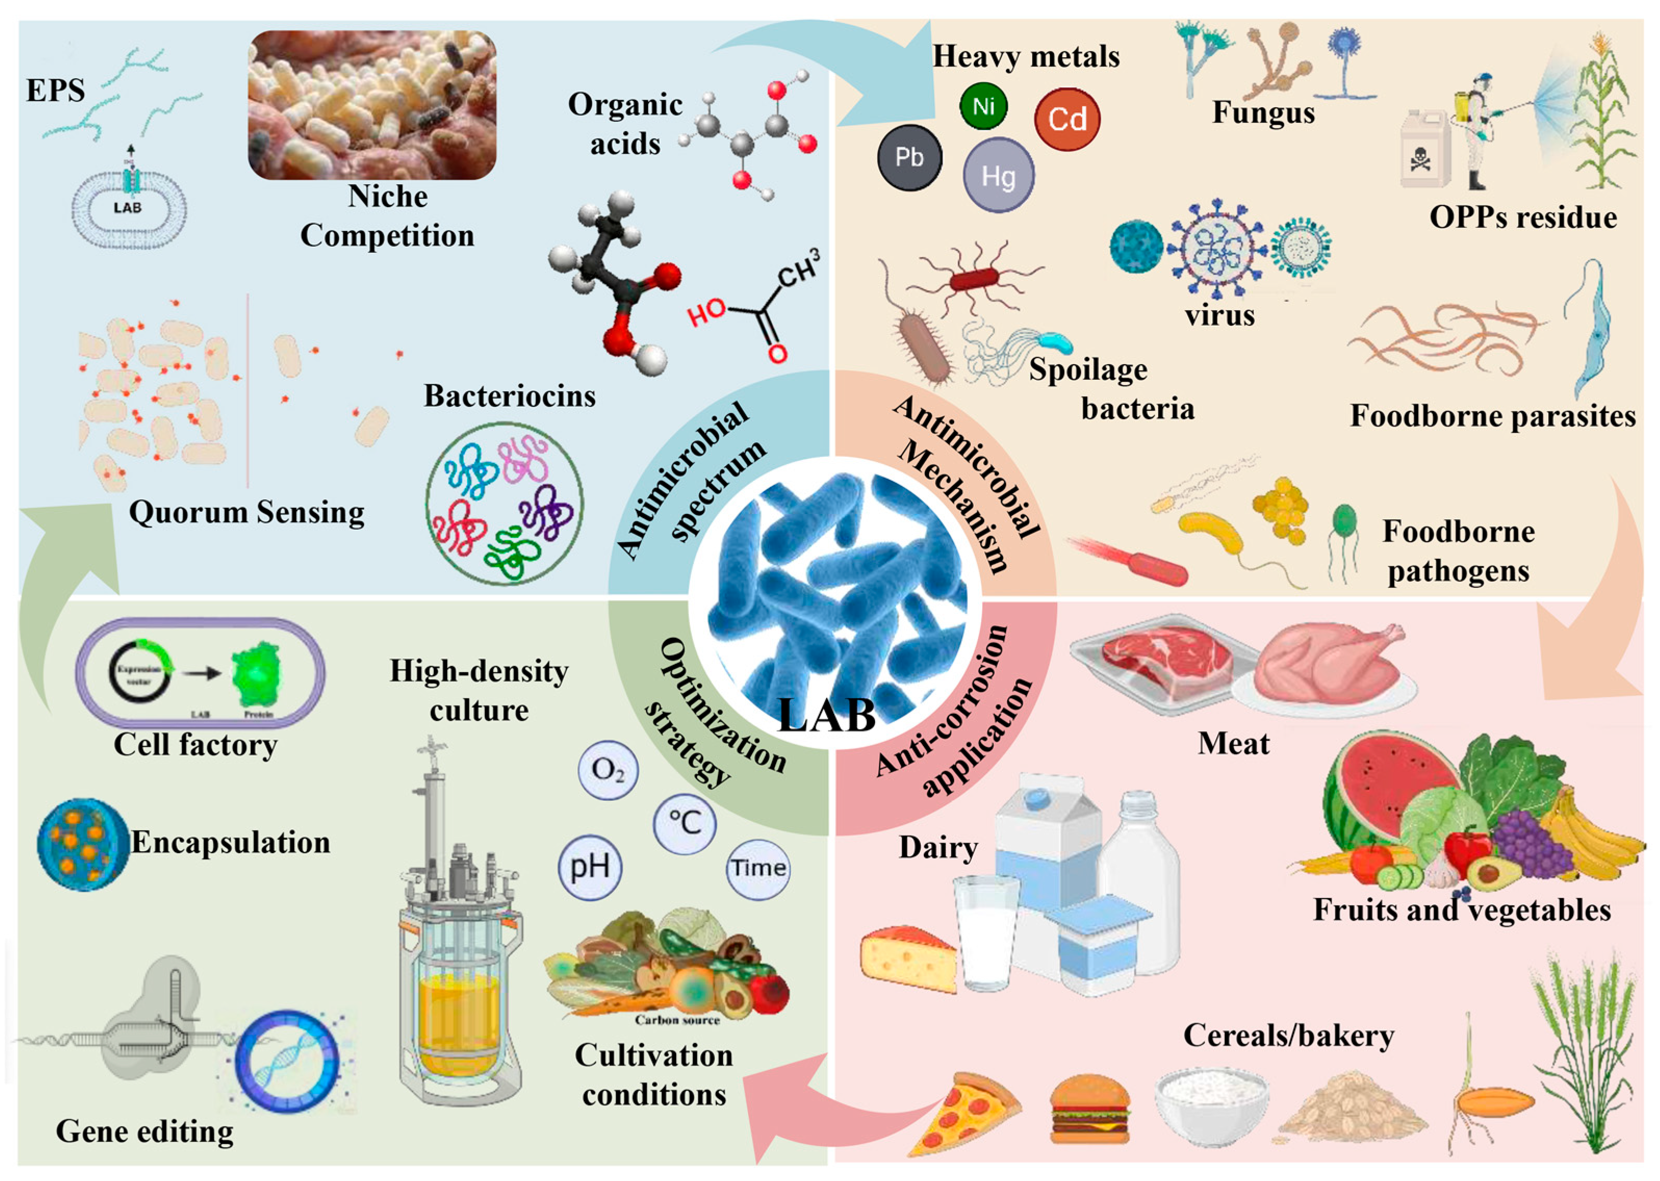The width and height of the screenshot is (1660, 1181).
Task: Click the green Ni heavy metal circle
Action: (x=983, y=106)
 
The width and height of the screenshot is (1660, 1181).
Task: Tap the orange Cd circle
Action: (x=1066, y=119)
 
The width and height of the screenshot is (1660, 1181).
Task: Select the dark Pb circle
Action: (x=909, y=158)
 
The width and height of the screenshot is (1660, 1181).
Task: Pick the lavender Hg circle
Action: (x=998, y=175)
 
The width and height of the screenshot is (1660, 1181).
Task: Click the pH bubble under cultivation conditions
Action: (x=590, y=867)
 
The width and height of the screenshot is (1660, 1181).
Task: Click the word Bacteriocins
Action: (x=510, y=395)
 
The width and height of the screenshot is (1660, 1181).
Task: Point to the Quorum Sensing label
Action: (x=247, y=512)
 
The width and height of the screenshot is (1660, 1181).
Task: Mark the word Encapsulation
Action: (x=230, y=842)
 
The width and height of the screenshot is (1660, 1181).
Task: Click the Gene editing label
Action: (x=145, y=1131)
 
